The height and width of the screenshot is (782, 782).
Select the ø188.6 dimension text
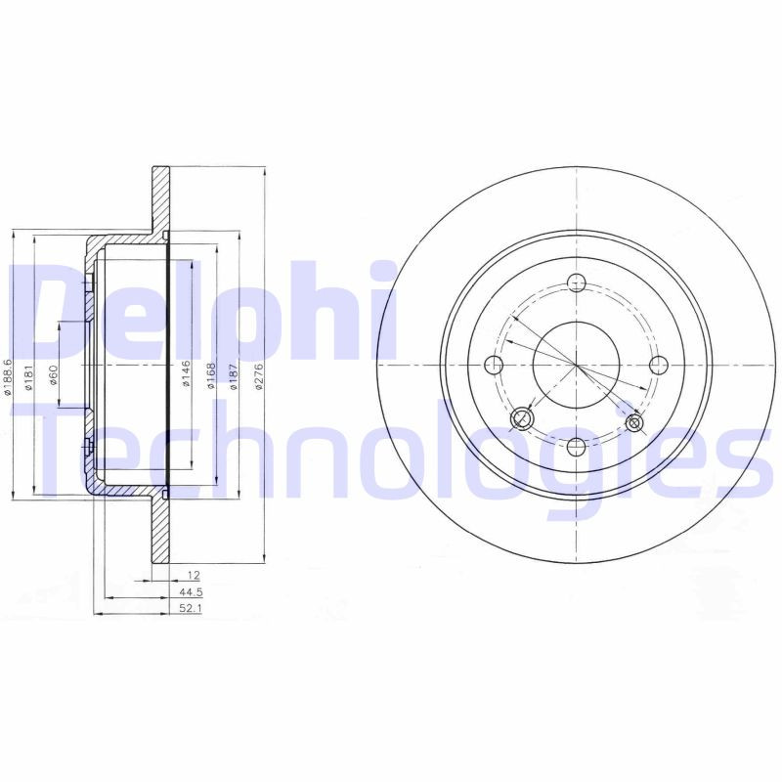[x=8, y=375]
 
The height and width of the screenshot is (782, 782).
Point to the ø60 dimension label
[x=54, y=374]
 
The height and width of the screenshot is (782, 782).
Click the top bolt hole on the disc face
[x=576, y=283]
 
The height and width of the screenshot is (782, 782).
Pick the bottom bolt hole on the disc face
[x=576, y=447]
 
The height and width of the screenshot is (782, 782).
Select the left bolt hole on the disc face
[x=494, y=365]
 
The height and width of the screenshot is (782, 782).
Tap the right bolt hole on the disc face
[x=657, y=365]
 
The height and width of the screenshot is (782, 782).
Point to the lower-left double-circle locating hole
[x=522, y=420]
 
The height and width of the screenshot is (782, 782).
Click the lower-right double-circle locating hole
[x=634, y=423]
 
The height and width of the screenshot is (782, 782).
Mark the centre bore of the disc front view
[x=576, y=365]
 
